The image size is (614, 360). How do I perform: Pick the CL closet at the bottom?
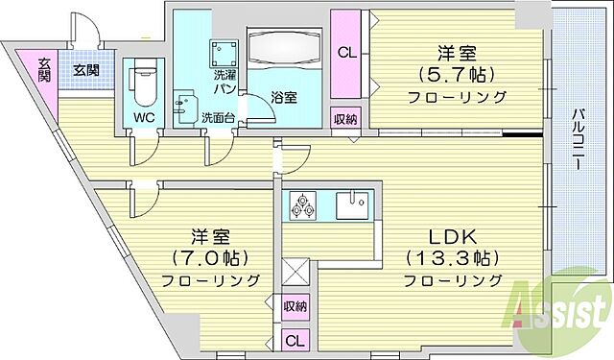(x=295, y=340)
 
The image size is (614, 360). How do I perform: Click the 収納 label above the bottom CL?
(x=295, y=307)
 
